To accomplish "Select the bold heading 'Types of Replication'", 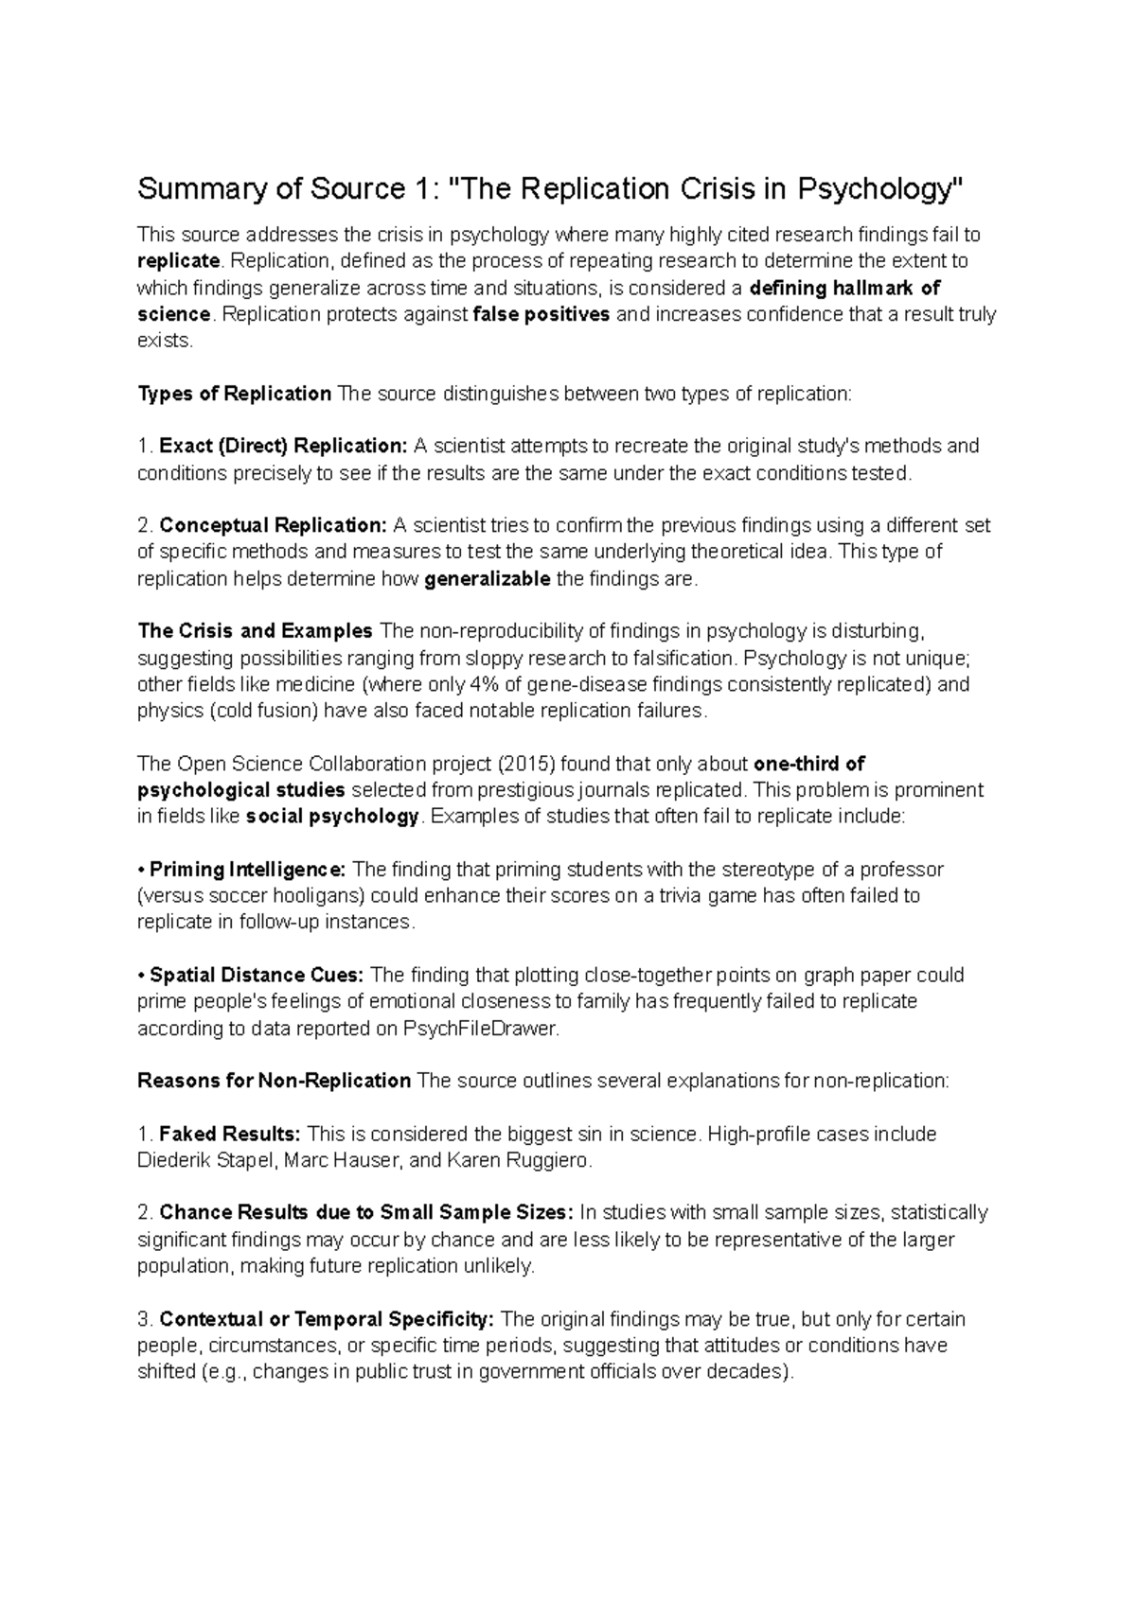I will tap(235, 394).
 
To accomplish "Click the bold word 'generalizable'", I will tap(488, 579).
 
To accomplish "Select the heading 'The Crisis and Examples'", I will tap(256, 631).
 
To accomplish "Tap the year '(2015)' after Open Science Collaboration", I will tap(510, 764).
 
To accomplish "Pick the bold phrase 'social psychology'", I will tap(331, 817).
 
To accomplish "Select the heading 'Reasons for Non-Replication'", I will tap(275, 1081).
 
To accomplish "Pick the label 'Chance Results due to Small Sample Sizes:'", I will tap(366, 1213).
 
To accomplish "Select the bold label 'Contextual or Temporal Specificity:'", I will tap(327, 1319).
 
